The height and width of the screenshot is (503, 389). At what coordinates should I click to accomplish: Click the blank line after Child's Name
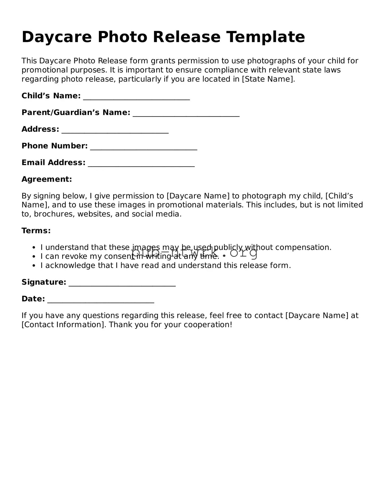(x=136, y=97)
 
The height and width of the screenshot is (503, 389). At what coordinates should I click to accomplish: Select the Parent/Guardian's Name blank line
(x=186, y=114)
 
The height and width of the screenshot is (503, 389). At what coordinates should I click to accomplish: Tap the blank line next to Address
(x=115, y=131)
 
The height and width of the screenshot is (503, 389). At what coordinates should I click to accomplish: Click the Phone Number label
(x=54, y=146)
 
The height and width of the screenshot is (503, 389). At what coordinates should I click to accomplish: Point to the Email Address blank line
(x=141, y=164)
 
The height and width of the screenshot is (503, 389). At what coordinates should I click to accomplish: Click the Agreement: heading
(x=47, y=179)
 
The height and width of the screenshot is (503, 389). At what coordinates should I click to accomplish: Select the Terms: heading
(x=36, y=231)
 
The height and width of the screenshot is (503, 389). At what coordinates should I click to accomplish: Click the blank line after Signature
(x=122, y=284)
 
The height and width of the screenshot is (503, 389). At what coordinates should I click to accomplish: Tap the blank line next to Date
(x=101, y=300)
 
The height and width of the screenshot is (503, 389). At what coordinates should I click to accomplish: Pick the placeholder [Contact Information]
(x=64, y=325)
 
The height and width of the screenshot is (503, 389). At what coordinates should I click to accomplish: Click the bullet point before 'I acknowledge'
(x=33, y=266)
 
